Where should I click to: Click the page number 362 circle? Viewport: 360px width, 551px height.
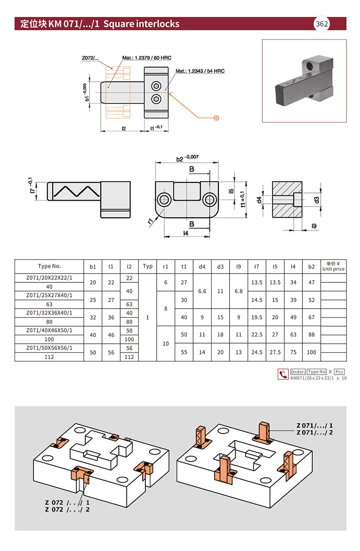coord(322,24)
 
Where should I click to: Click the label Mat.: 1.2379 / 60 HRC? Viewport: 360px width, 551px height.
coord(147,58)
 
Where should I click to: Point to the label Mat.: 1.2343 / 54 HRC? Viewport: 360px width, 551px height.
coord(200,71)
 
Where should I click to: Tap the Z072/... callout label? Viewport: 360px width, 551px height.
coord(90,58)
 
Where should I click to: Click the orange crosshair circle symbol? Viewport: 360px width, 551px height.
coord(216,118)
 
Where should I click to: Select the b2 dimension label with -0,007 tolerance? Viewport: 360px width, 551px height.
coord(187,158)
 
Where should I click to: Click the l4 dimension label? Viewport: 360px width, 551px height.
coord(186,233)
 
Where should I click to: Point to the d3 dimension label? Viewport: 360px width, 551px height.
coord(317,200)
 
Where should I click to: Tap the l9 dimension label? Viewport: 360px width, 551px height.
coord(314,226)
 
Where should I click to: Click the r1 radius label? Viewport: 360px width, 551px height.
coord(151,221)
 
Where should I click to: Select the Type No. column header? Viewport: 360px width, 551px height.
coord(49,266)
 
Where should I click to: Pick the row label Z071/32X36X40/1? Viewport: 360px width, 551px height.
coord(49,313)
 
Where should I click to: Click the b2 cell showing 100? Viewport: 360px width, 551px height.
coord(311,352)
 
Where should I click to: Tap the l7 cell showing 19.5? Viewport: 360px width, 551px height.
coord(256,317)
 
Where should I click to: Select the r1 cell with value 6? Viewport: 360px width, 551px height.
coord(166,282)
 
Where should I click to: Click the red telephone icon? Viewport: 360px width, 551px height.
coord(283,374)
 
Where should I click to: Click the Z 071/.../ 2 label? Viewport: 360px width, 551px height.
coord(315,432)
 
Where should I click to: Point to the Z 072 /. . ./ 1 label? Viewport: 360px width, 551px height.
coord(67,502)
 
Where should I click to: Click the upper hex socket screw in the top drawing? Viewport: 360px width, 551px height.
coord(156,86)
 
